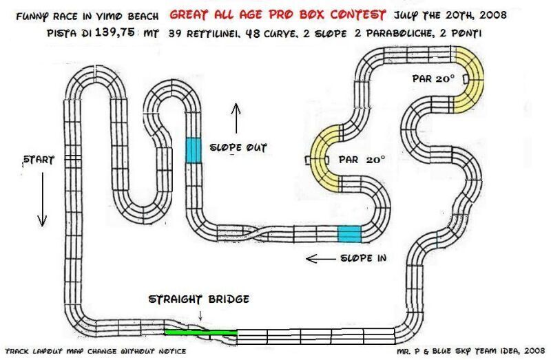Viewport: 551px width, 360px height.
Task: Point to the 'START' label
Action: tap(39, 159)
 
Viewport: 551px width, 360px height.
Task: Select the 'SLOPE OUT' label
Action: tap(238, 147)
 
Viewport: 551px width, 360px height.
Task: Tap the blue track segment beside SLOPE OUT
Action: tap(194, 149)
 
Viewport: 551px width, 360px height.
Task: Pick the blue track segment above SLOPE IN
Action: tap(349, 233)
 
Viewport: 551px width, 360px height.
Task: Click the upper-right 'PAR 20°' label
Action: tap(434, 78)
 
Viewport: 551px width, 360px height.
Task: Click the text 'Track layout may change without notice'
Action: tap(95, 351)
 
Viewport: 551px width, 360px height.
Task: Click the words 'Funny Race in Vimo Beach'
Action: tap(85, 14)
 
